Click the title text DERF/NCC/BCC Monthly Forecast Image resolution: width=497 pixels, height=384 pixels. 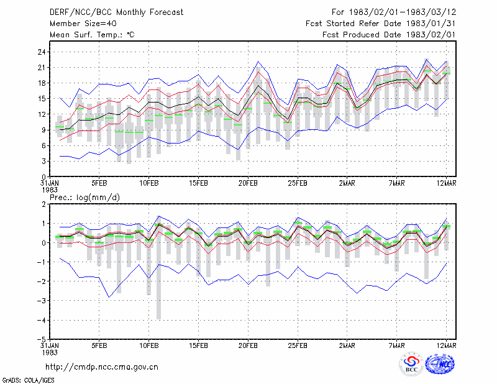[116, 12]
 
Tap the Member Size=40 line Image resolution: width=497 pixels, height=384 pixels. [83, 24]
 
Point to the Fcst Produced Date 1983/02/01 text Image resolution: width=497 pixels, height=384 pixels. [389, 35]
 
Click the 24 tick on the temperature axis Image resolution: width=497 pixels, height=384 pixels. [42, 52]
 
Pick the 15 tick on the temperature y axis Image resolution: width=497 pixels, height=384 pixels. [42, 99]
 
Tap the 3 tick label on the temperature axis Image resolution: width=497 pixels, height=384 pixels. [43, 162]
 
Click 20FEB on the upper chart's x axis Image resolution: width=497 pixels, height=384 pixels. [248, 183]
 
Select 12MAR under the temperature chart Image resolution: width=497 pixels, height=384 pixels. [446, 183]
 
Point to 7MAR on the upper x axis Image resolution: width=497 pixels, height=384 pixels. [396, 183]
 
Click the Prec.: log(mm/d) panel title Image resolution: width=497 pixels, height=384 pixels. [84, 198]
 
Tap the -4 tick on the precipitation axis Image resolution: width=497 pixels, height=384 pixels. [42, 320]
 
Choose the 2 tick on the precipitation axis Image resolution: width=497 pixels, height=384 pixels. [43, 204]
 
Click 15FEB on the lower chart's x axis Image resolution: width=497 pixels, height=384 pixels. [198, 345]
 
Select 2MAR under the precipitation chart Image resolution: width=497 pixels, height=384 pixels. [347, 345]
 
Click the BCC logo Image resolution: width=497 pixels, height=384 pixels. [411, 364]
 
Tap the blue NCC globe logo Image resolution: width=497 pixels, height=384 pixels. [440, 364]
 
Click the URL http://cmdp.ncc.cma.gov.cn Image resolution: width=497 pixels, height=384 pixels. [102, 367]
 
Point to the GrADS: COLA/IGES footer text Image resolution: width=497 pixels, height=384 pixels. [28, 380]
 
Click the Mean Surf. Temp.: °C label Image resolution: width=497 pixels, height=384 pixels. [92, 35]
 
